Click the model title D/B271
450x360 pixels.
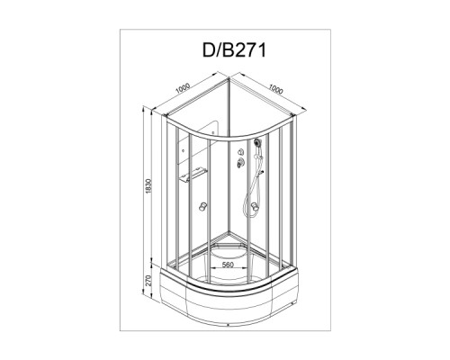point(234,50)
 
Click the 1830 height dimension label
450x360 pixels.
point(149,186)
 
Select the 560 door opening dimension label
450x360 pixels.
point(228,265)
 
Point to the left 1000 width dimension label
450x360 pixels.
point(183,88)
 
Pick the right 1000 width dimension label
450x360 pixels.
point(275,89)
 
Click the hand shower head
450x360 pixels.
point(256,142)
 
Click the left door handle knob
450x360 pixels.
point(203,207)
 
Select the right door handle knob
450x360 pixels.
point(255,207)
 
